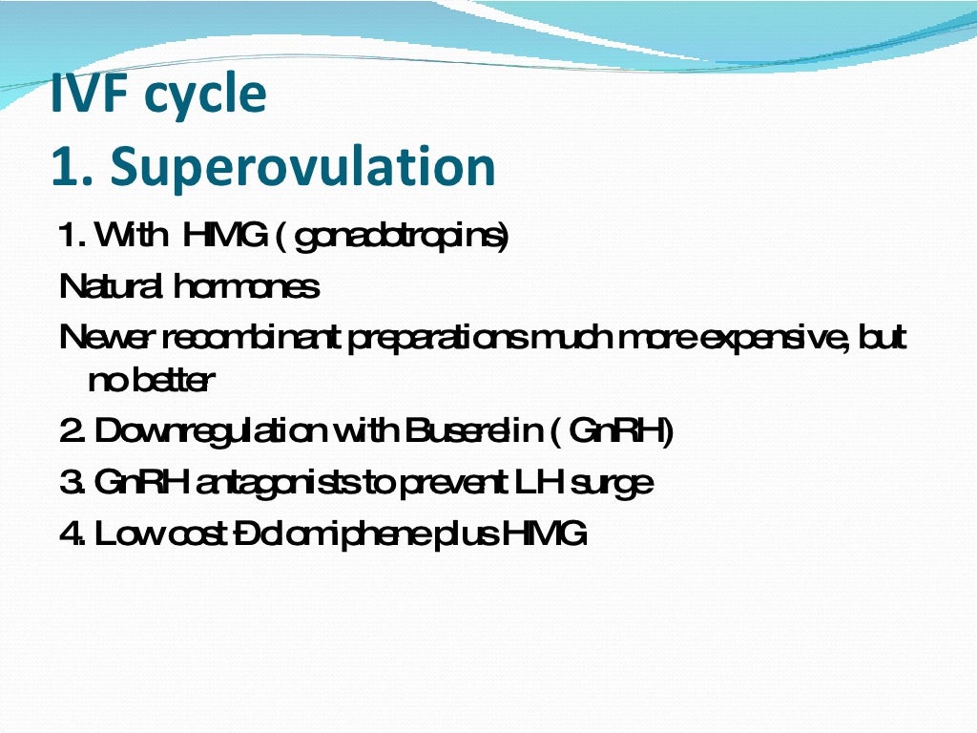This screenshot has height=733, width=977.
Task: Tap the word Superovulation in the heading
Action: click(x=303, y=166)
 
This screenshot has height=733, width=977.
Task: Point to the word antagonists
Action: click(x=278, y=483)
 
